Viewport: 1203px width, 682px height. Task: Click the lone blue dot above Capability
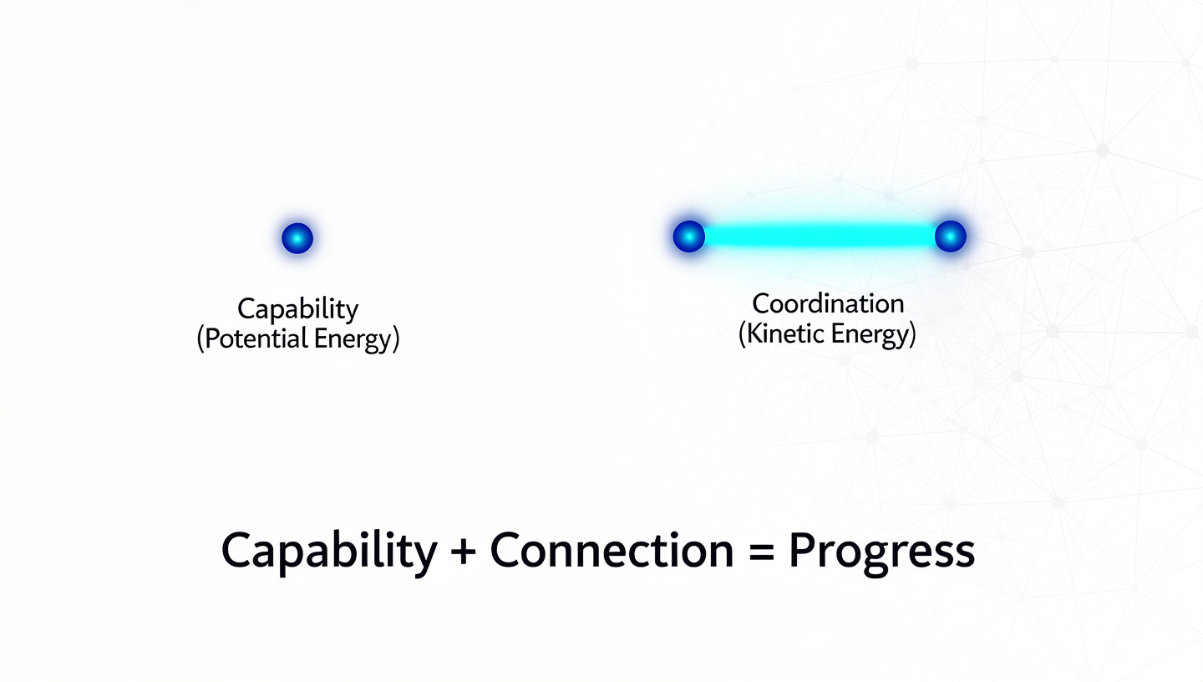coord(297,238)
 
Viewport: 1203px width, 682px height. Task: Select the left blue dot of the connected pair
coord(688,237)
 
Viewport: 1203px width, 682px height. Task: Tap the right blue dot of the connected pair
coord(950,237)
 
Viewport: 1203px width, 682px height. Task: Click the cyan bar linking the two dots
coord(819,237)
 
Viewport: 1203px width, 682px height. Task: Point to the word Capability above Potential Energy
coord(298,309)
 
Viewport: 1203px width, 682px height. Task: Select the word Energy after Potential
coord(351,341)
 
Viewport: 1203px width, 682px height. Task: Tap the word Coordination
coord(828,303)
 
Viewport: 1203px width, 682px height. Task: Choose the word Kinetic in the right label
coord(782,334)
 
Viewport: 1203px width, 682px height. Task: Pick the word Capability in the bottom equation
coord(328,551)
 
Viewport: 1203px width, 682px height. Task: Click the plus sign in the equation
coord(463,552)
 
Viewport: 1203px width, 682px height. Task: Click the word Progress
coord(882,552)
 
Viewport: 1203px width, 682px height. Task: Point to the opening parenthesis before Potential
coord(200,341)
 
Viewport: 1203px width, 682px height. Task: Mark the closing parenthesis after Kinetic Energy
coord(912,335)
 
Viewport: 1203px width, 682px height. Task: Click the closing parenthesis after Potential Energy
coord(396,341)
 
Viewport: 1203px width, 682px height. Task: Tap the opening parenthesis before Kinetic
coord(742,335)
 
